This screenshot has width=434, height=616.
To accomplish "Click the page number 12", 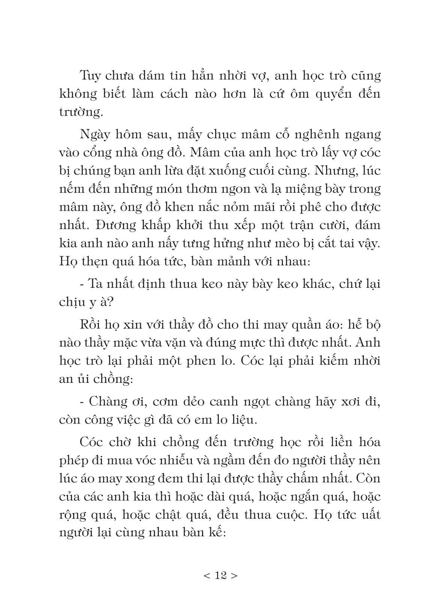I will pyautogui.click(x=221, y=575).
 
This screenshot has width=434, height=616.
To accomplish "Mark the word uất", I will pyautogui.click(x=369, y=515).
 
